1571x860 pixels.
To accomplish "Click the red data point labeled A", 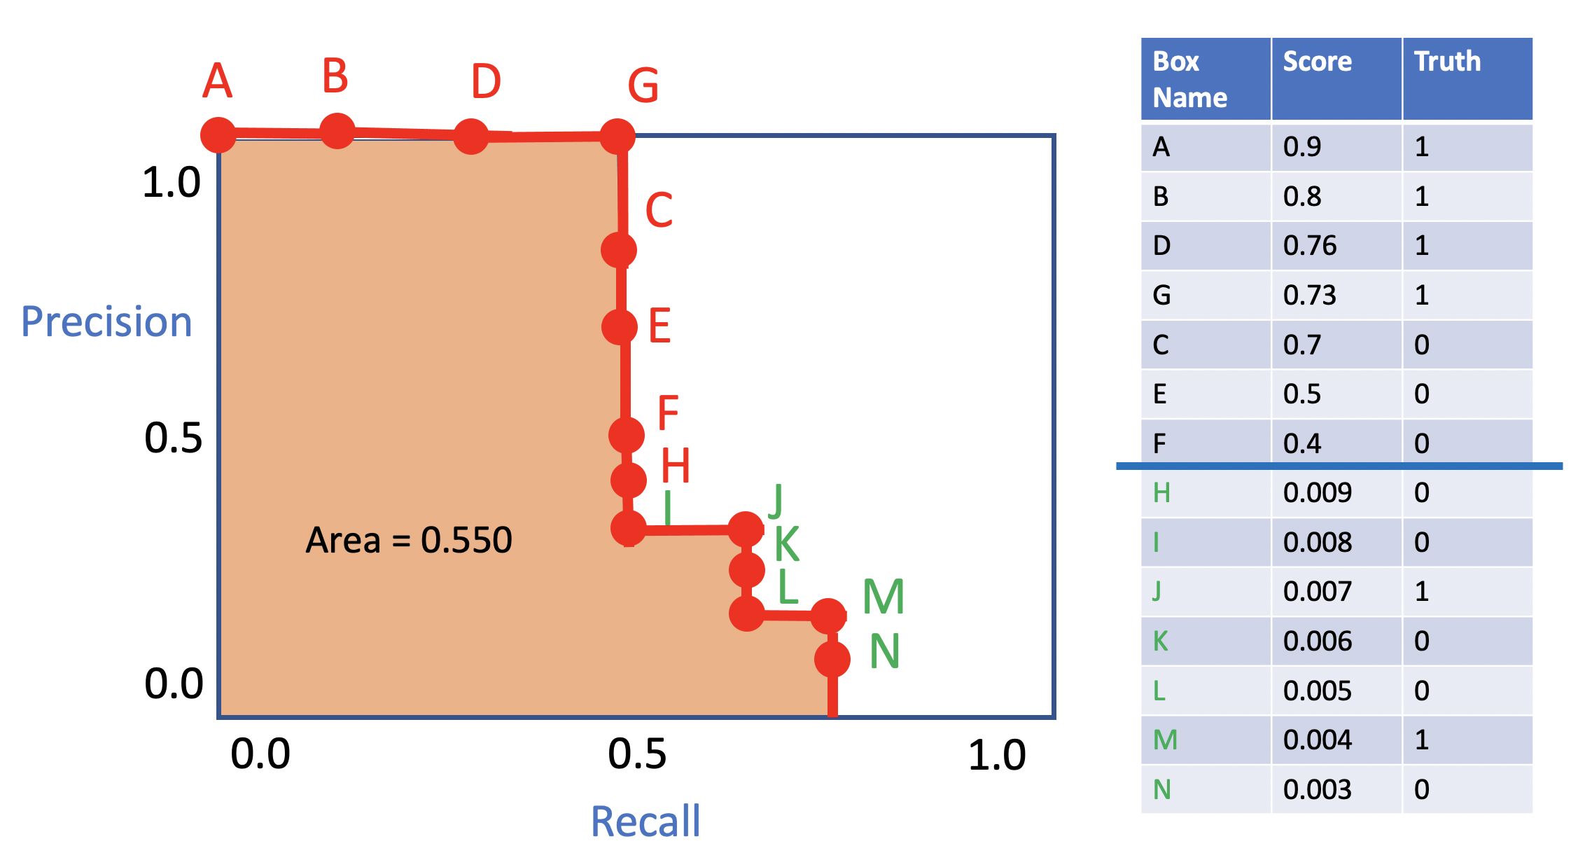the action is pos(218,135).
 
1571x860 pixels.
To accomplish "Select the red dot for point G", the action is pos(617,137).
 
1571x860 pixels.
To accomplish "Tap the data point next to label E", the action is pos(620,326).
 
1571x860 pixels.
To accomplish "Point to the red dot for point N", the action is pos(832,659).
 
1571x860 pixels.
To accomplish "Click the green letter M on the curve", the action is pos(884,597).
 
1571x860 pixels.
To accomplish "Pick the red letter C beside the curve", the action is pos(659,210).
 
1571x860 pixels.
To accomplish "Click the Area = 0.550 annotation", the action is pos(409,540).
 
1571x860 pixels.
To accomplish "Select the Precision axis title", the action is pos(106,321).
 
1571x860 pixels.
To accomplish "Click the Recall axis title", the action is pos(645,821).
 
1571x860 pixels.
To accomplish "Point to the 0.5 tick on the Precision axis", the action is pos(173,438).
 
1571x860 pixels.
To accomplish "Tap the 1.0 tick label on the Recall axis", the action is pos(997,755).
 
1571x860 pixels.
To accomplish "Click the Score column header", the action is pos(1318,62).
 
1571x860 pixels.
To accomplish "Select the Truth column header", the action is pos(1447,62).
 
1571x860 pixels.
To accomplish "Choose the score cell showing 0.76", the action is pos(1310,246).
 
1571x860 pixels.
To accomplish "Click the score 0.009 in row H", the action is pos(1318,493).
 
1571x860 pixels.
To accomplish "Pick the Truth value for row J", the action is pos(1421,592).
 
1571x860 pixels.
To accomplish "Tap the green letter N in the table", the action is pos(1162,790).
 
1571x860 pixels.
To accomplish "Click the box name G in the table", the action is pos(1161,296).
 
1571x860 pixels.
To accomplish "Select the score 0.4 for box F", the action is pos(1302,444).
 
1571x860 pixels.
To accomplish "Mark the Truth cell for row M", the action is pos(1421,740).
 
